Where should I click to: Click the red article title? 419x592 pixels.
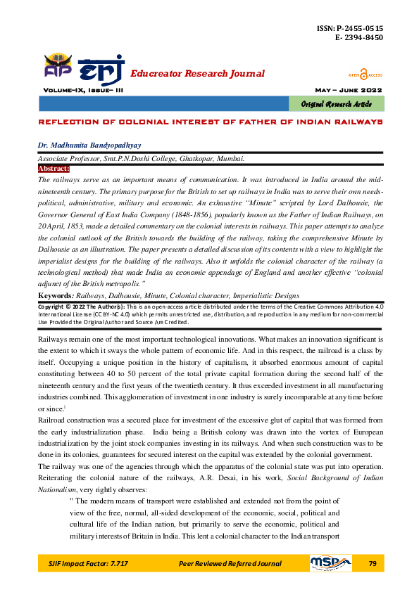(x=209, y=122)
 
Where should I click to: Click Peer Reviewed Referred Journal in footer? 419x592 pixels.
(x=230, y=564)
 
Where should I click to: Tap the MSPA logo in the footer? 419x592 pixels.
(x=330, y=563)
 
